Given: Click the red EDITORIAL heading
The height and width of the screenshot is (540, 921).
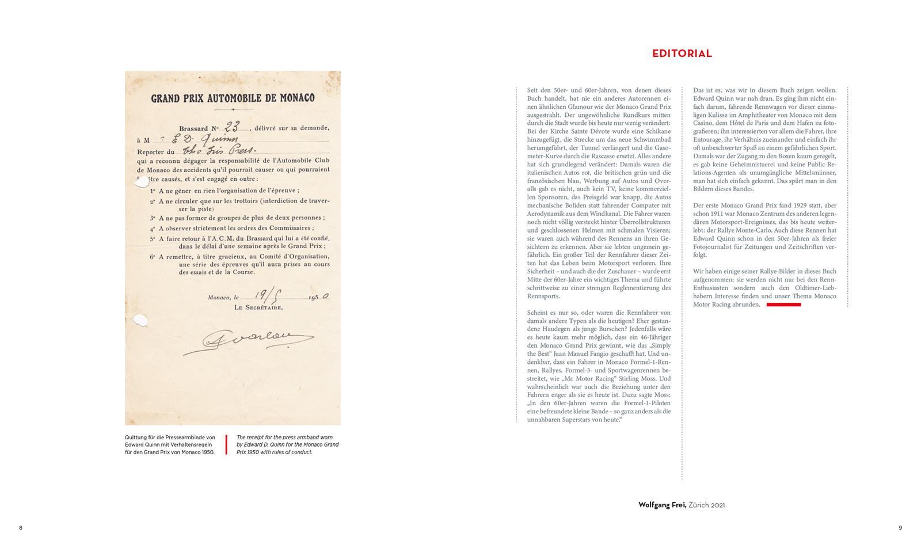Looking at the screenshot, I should pyautogui.click(x=682, y=54).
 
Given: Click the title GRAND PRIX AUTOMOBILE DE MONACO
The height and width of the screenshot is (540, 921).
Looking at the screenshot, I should pyautogui.click(x=233, y=98).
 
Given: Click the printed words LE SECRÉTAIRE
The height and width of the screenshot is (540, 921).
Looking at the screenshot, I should pyautogui.click(x=258, y=307).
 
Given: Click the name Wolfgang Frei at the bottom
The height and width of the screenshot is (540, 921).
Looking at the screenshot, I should pyautogui.click(x=662, y=505).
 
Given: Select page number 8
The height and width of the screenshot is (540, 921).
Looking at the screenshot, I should pyautogui.click(x=21, y=528).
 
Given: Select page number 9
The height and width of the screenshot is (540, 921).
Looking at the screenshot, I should pyautogui.click(x=900, y=528).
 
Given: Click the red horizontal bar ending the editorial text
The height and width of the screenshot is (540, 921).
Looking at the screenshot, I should pyautogui.click(x=783, y=305).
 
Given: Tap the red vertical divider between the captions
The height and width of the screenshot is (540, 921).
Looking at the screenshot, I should pyautogui.click(x=226, y=444).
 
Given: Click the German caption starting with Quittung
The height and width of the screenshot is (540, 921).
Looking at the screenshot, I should pyautogui.click(x=170, y=444).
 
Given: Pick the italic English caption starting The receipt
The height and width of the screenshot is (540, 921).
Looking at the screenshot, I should pyautogui.click(x=288, y=444).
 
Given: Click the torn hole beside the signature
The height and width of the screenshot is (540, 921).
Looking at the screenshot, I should pyautogui.click(x=140, y=320).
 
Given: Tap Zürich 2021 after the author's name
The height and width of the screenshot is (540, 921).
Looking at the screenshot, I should pyautogui.click(x=706, y=505).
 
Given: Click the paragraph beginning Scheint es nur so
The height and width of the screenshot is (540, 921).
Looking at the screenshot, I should pyautogui.click(x=599, y=366).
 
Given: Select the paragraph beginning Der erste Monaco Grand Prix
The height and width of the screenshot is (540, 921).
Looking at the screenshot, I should pyautogui.click(x=764, y=230).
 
